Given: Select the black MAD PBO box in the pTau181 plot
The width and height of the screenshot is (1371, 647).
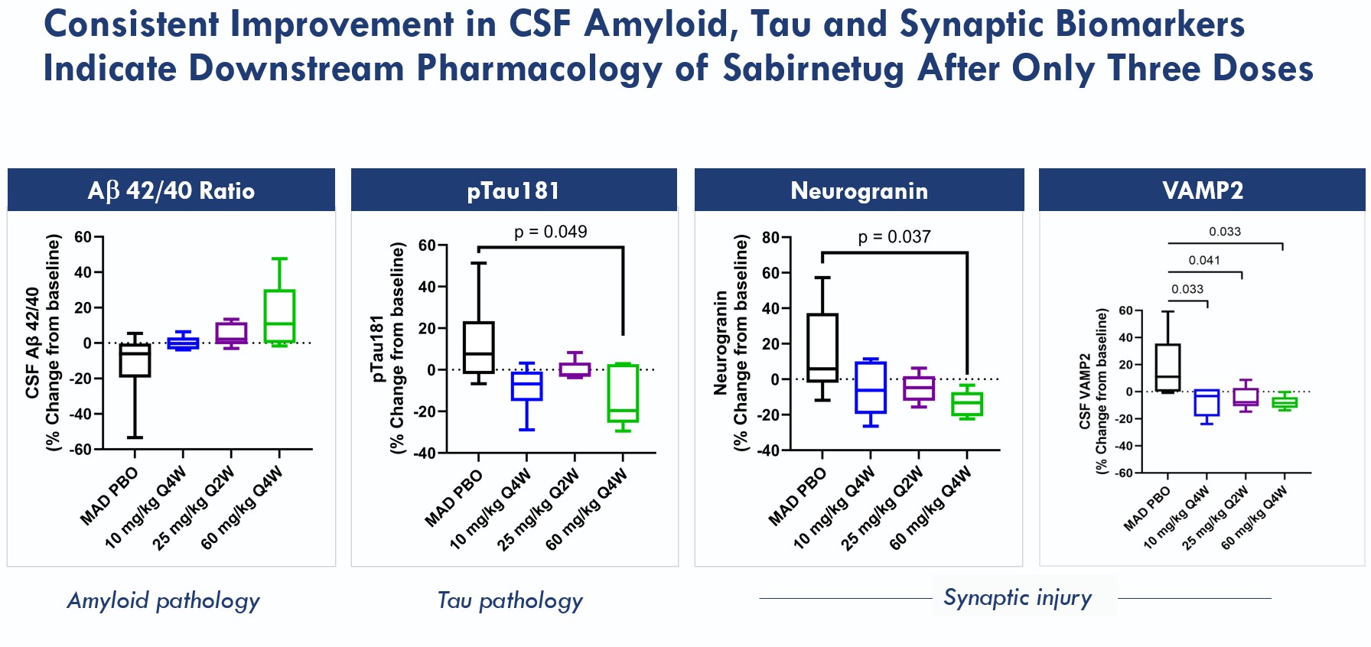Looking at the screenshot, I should pos(478,347).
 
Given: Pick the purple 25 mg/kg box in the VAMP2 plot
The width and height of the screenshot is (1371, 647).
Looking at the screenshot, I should pos(1246,397).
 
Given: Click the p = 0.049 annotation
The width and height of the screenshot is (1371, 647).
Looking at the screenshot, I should pos(550,232).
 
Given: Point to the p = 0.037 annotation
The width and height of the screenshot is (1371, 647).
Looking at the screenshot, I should pos(894,237).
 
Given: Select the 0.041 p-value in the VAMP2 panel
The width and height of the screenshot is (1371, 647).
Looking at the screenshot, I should pos(1204,261).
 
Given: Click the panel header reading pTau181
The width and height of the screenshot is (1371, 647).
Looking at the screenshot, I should pos(513,190).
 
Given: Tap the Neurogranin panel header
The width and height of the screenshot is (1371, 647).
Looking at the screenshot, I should pos(858,190).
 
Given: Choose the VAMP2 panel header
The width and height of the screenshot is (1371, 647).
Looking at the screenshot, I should pos(1202,190).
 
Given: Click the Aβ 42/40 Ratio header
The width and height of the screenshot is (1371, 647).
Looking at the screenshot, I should pos(171,190).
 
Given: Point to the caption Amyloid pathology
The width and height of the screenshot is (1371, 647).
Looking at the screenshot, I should pos(164,600).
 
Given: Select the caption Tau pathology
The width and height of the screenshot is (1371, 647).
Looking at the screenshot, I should pos(510,600).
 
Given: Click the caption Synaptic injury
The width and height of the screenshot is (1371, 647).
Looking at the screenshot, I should pos(1018,597).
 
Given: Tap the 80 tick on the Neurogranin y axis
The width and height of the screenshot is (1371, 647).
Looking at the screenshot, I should pos(770,238).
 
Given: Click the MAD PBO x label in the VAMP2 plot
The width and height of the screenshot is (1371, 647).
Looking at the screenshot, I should pos(1148,509).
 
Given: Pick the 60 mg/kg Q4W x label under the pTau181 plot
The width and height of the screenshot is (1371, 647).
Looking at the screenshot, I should pos(588,509).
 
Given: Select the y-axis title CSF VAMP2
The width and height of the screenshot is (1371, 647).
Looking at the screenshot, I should pos(1084,391).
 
